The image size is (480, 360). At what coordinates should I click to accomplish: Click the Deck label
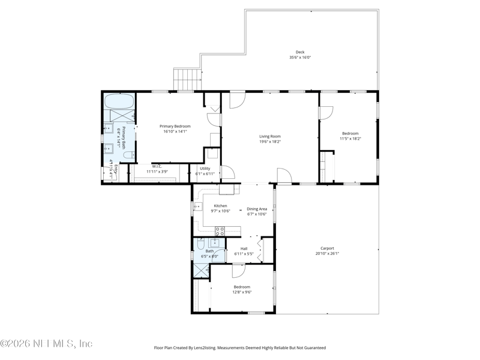300,52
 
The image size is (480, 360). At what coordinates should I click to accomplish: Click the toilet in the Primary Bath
127,155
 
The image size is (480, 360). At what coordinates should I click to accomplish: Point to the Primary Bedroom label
175,126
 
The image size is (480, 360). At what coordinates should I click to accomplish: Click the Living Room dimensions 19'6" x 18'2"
269,142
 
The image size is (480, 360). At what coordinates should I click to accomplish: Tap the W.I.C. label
157,166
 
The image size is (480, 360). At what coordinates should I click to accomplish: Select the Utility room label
205,168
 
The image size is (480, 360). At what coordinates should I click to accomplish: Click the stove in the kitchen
220,230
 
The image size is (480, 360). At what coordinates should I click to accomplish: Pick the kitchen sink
198,207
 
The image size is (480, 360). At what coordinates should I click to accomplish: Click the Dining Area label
257,209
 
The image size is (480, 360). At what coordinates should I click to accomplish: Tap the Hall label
244,248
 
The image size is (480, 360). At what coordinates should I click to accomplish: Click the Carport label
327,248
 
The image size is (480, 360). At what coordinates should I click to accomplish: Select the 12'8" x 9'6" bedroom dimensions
242,292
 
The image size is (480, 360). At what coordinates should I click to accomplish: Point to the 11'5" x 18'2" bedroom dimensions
350,139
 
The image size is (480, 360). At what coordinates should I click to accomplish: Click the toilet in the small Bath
200,244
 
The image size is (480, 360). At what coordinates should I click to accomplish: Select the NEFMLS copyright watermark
46,344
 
